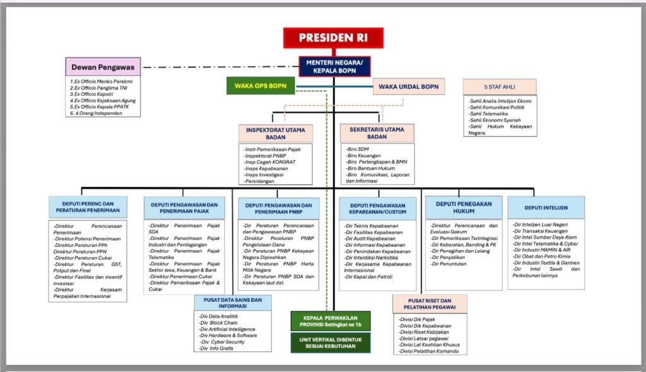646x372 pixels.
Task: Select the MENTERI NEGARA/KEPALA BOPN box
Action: [334, 66]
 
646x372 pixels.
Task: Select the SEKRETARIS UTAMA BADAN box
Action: [377, 133]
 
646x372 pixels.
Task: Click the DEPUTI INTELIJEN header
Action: [546, 207]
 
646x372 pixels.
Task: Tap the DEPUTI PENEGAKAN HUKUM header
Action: [463, 207]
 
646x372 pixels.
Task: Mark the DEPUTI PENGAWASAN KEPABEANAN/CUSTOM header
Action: [377, 208]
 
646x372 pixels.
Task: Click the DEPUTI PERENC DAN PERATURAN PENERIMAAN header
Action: [88, 207]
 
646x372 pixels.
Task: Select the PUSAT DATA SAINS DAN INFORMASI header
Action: [233, 303]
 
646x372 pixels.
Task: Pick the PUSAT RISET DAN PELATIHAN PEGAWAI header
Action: [430, 304]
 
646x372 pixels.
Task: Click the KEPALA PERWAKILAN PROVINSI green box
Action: [331, 321]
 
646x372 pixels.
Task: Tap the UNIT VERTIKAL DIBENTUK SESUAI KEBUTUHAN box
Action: [331, 343]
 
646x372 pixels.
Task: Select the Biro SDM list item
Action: [358, 148]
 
